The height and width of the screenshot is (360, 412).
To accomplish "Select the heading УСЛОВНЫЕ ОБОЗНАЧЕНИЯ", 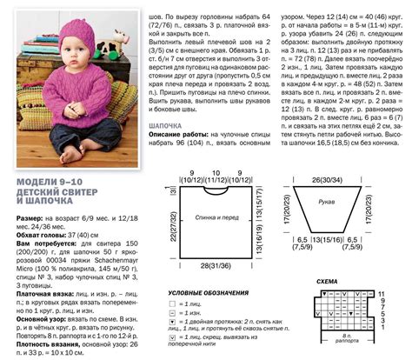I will tap(202, 293).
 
